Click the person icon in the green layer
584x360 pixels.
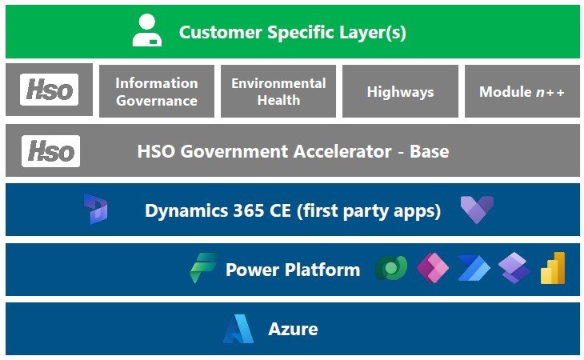tap(146, 32)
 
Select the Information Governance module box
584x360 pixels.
tap(156, 91)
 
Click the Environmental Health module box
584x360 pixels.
tap(278, 91)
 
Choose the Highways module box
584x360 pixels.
tap(400, 92)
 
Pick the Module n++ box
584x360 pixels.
tap(522, 92)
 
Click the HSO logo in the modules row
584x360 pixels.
tap(49, 90)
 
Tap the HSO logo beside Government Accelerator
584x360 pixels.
tap(51, 150)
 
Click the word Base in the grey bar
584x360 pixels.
tap(429, 150)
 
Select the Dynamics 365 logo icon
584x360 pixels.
tap(96, 210)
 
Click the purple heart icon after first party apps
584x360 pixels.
tap(477, 210)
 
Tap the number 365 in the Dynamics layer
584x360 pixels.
tap(234, 211)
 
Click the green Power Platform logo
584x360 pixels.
tap(203, 268)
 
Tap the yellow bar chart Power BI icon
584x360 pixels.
tap(553, 268)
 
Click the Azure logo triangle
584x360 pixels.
tap(238, 328)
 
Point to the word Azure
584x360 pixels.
tap(293, 328)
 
